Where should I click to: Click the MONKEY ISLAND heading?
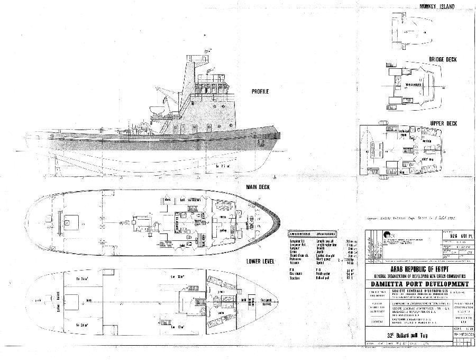click(437, 6)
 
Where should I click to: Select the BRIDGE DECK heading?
click(443, 60)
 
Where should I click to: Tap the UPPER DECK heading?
click(443, 123)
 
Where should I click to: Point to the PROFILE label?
click(260, 92)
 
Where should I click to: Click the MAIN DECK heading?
click(258, 187)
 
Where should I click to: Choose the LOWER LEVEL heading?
click(260, 262)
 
